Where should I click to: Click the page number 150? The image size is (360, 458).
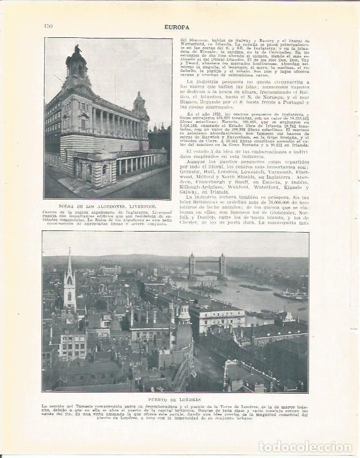(x=48, y=25)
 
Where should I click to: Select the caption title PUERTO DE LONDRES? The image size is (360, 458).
(x=175, y=399)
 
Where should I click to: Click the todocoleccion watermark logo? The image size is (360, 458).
(x=305, y=447)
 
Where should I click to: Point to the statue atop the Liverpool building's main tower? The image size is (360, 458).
(x=76, y=49)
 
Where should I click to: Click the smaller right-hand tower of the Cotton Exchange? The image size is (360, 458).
(x=139, y=103)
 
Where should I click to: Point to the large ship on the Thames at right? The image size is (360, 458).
(x=290, y=295)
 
